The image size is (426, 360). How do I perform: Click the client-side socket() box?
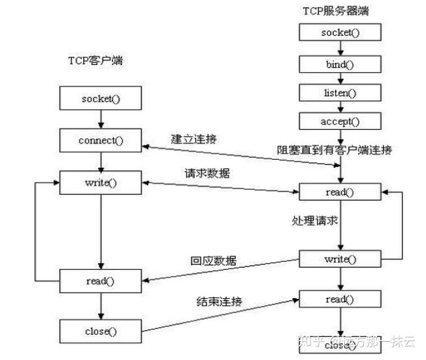(x=101, y=99)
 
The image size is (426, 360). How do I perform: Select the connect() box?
(x=101, y=140)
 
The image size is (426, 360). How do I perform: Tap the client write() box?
(x=101, y=182)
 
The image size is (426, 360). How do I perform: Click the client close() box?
(x=101, y=331)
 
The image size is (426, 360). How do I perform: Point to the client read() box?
(x=101, y=280)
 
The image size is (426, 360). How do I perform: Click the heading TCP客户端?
(x=96, y=60)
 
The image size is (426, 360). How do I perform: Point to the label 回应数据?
(x=214, y=261)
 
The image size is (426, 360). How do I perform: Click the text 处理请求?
(x=315, y=221)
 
